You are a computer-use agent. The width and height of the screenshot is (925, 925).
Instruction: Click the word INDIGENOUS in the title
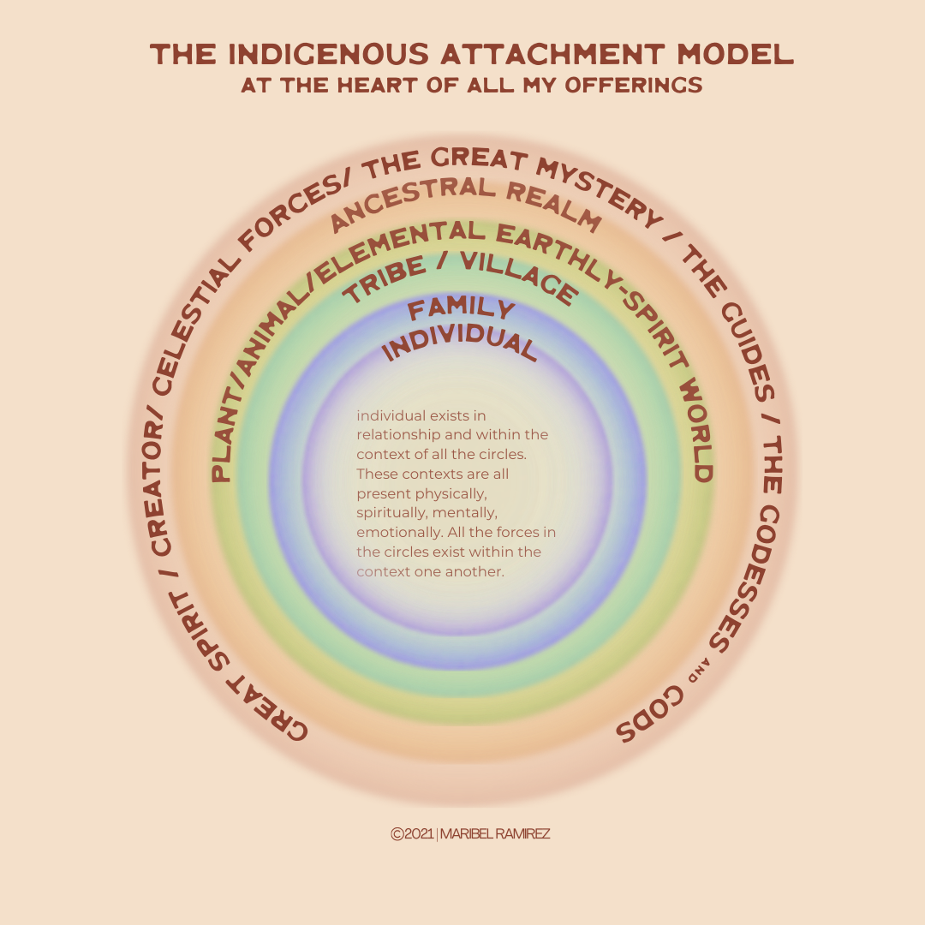pyautogui.click(x=322, y=56)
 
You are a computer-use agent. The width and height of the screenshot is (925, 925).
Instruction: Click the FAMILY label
pyautogui.click(x=461, y=309)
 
